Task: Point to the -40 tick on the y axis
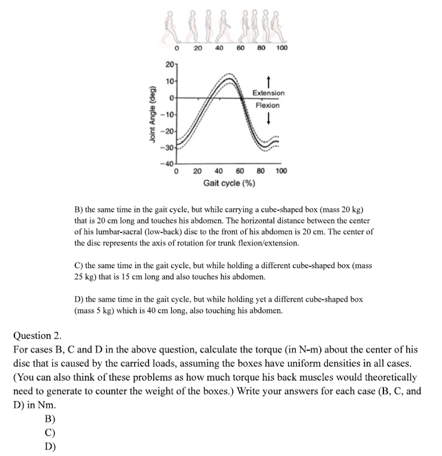point(168,164)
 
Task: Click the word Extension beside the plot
point(268,93)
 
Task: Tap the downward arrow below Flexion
point(268,119)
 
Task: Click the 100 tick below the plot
point(281,171)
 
